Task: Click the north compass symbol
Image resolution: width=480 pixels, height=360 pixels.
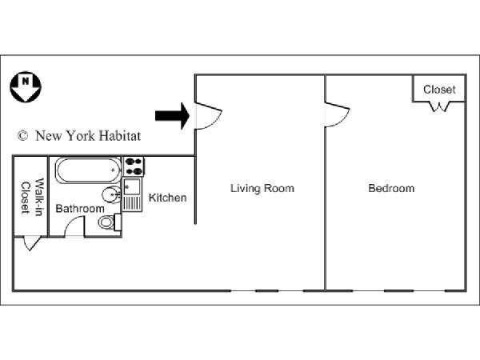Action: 26,87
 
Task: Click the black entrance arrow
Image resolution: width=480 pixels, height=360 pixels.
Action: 172,116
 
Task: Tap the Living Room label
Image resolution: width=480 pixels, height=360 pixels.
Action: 262,188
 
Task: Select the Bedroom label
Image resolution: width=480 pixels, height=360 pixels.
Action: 391,188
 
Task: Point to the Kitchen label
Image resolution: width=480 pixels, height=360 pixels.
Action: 167,198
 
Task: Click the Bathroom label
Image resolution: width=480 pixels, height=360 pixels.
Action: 80,209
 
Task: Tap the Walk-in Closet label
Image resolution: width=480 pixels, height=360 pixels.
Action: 31,197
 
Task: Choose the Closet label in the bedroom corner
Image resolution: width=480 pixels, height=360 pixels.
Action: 439,90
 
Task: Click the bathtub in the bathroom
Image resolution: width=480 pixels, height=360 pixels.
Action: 88,170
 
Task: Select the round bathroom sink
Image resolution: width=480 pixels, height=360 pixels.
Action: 111,194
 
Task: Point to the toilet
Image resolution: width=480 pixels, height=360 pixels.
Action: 110,222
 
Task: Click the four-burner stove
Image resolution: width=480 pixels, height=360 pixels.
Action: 133,166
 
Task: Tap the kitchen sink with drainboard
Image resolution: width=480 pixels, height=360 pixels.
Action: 132,194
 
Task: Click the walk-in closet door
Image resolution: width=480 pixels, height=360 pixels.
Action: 31,243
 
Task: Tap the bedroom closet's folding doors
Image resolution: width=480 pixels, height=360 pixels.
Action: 439,106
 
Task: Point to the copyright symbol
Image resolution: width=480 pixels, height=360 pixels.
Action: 22,136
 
